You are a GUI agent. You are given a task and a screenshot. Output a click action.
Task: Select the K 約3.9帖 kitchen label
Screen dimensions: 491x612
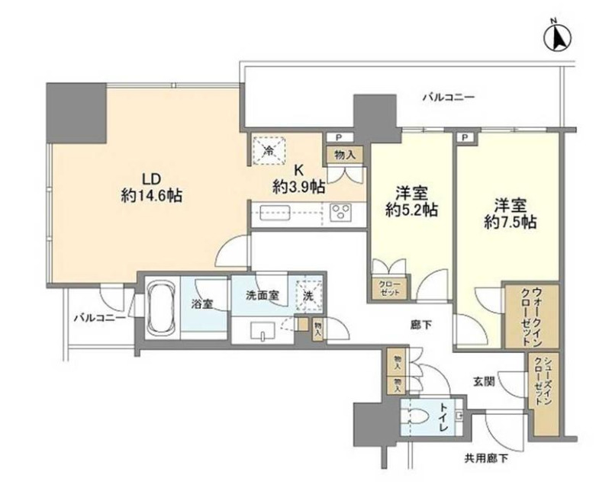(299, 178)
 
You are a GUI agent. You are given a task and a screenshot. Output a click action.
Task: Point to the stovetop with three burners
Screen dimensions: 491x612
(340, 213)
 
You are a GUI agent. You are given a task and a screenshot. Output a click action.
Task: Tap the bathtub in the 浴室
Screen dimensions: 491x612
(163, 306)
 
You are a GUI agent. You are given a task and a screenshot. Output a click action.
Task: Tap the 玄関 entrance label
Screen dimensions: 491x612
(482, 380)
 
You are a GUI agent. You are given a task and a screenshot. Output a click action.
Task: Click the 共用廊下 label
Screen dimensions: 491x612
(486, 457)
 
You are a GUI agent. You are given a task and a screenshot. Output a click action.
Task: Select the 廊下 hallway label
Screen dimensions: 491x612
(417, 326)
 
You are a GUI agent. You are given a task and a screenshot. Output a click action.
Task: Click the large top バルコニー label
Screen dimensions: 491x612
(449, 97)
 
